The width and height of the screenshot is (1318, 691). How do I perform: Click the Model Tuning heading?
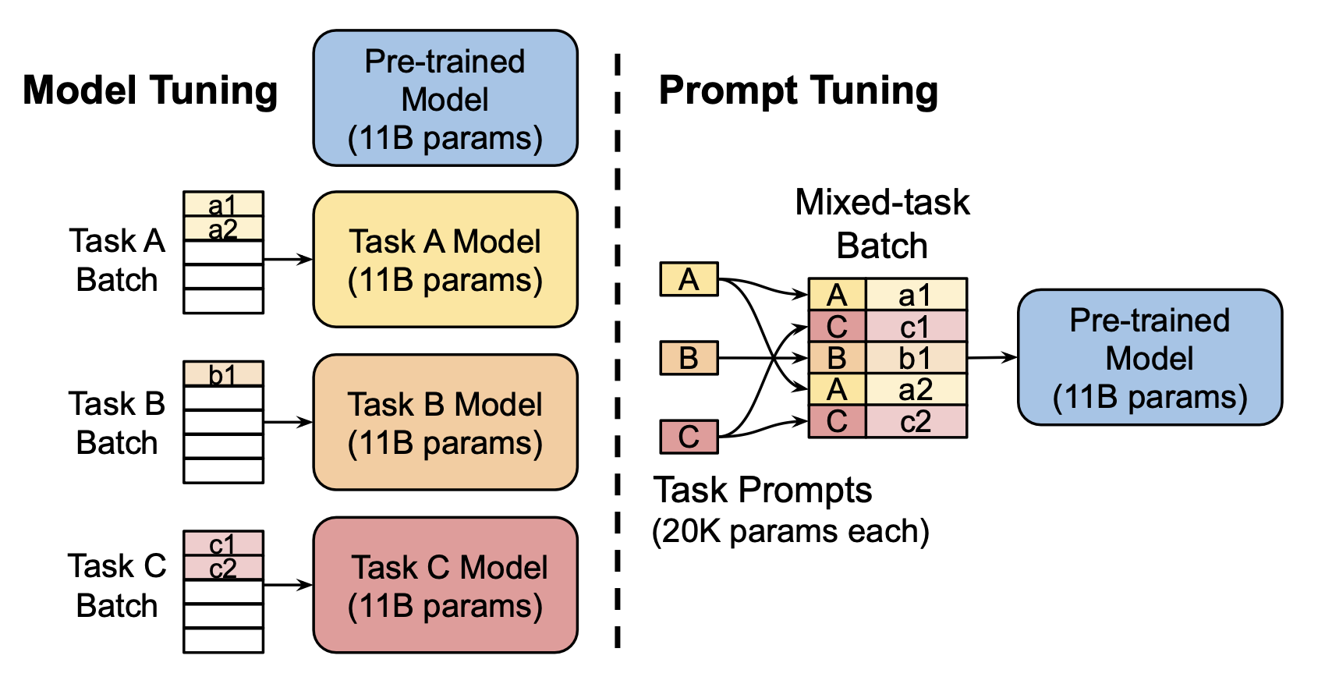[150, 90]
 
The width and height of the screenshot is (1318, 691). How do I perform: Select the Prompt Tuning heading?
[798, 90]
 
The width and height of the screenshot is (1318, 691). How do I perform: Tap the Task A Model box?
[445, 260]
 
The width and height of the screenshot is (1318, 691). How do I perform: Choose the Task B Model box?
[445, 423]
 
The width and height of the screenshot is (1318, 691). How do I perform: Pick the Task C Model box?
[445, 586]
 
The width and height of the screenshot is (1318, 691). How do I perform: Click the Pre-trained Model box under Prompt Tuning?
[1150, 358]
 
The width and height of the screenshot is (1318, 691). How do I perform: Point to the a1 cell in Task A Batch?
[223, 204]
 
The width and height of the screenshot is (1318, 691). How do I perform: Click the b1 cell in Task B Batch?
[223, 374]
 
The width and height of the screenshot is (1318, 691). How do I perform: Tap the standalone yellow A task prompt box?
[689, 279]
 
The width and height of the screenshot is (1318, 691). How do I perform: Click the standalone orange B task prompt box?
[689, 358]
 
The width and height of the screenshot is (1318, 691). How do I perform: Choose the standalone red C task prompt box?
[689, 437]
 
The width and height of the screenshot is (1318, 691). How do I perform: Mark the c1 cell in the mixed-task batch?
[916, 327]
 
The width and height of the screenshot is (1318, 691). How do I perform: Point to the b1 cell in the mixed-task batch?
[916, 358]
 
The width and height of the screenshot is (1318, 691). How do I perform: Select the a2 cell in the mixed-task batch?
[916, 389]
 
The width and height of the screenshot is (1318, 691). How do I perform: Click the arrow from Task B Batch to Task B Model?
[288, 423]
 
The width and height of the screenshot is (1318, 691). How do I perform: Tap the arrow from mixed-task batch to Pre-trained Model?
[992, 358]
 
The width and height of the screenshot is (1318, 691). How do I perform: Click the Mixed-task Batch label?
[882, 224]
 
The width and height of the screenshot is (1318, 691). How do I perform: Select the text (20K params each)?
[790, 531]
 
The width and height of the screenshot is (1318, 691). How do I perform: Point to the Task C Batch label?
[117, 586]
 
